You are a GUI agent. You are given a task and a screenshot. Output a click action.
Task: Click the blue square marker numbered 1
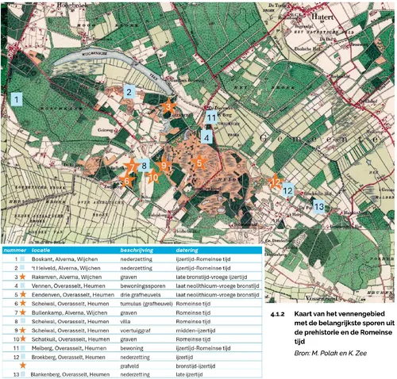(x=16, y=100)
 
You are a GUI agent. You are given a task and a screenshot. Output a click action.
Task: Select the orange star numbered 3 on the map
(x=168, y=106)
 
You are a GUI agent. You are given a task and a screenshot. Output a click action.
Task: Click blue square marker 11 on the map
(x=211, y=117)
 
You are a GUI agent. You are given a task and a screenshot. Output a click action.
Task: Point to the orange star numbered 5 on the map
(x=199, y=163)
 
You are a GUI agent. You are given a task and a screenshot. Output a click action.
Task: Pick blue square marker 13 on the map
(x=318, y=206)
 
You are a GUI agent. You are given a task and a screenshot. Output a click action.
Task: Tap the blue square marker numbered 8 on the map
(x=144, y=166)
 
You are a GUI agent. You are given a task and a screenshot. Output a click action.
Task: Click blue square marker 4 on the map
(x=206, y=136)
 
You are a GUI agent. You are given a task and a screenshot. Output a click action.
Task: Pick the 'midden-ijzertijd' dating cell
(x=195, y=330)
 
